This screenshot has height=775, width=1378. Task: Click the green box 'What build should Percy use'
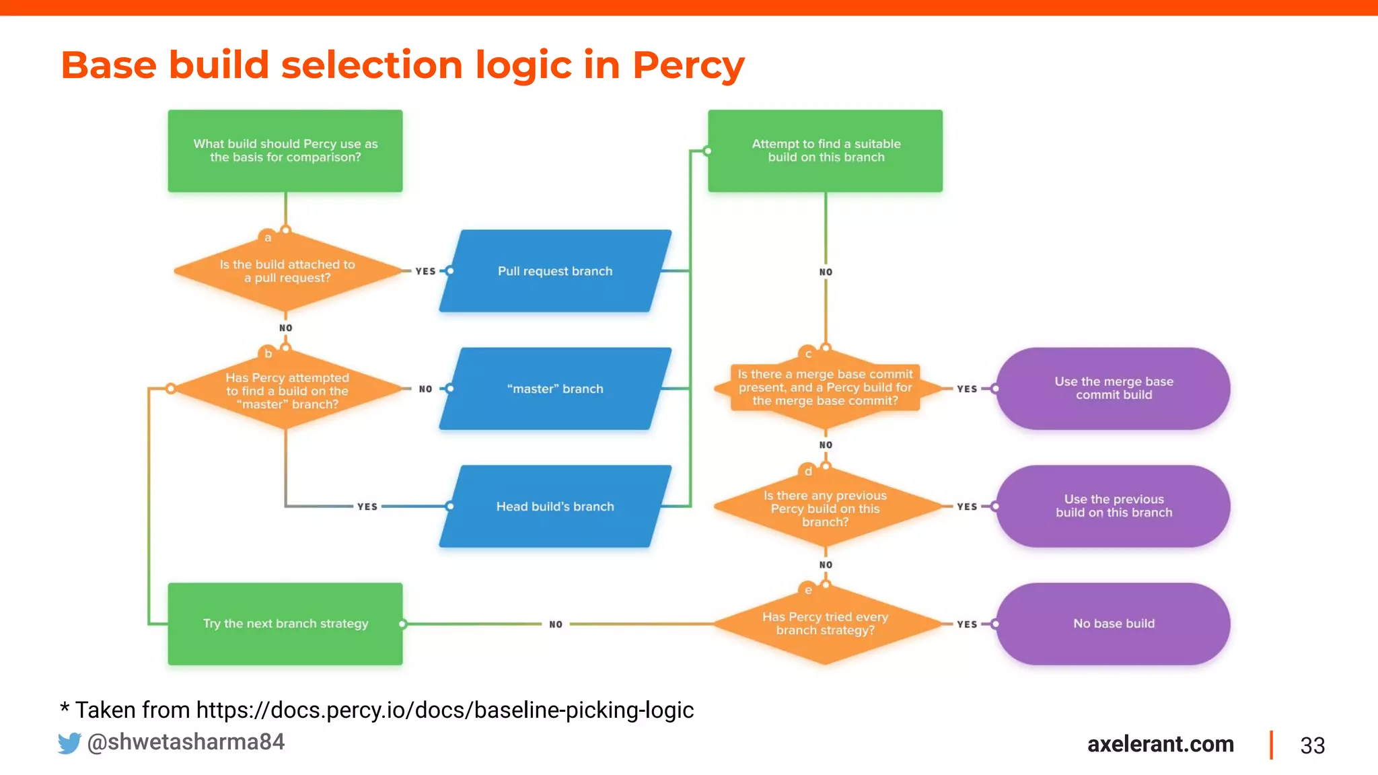click(285, 151)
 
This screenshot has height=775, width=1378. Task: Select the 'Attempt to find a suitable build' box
click(825, 151)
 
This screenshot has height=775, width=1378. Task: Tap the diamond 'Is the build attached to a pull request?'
click(287, 271)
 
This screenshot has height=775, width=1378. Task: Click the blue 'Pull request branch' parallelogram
click(555, 271)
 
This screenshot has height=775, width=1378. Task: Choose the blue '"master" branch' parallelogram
click(555, 389)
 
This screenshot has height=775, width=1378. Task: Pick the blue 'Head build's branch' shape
click(555, 507)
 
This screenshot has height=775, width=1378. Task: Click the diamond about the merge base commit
click(825, 387)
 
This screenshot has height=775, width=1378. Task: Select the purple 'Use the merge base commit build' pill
click(1113, 388)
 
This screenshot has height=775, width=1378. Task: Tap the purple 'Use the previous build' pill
click(1113, 506)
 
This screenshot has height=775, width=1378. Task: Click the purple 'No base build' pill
click(1113, 624)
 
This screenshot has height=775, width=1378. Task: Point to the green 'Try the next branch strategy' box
click(285, 624)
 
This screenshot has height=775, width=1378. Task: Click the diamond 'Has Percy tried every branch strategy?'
click(825, 624)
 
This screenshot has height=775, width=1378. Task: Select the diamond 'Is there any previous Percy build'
click(825, 508)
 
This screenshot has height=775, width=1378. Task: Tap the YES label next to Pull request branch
click(425, 271)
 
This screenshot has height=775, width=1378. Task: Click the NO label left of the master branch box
click(425, 389)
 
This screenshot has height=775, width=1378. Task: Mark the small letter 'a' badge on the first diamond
click(268, 237)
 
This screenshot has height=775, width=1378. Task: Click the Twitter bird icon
click(69, 743)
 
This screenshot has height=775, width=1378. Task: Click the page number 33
click(1312, 745)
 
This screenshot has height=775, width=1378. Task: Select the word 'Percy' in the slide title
click(688, 65)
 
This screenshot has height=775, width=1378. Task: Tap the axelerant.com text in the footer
click(1160, 744)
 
